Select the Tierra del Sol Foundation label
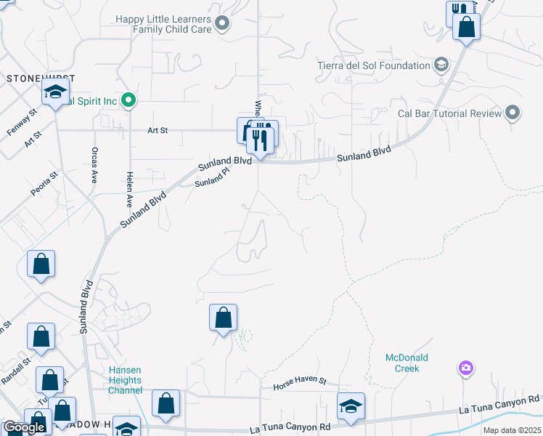click(374, 65)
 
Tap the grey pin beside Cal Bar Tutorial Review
click(513, 113)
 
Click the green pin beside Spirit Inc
click(129, 100)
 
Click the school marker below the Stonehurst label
click(54, 94)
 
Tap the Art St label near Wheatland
click(158, 130)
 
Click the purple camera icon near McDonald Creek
click(465, 368)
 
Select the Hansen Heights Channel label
click(126, 380)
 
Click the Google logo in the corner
click(24, 427)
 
